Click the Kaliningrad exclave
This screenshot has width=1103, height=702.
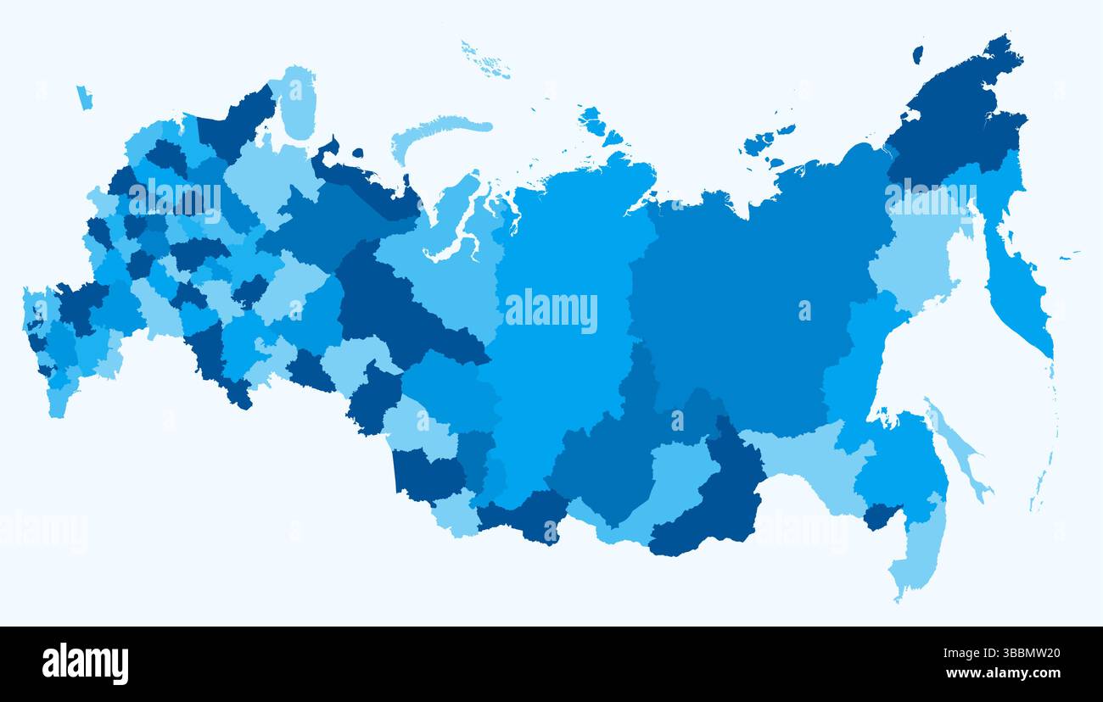pos(83,97)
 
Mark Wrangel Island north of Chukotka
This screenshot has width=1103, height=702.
pos(917,54)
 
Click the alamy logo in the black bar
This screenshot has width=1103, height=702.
pos(85,664)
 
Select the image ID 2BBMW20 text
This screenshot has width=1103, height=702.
pos(1001,654)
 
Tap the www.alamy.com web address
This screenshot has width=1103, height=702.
pos(1002,674)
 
